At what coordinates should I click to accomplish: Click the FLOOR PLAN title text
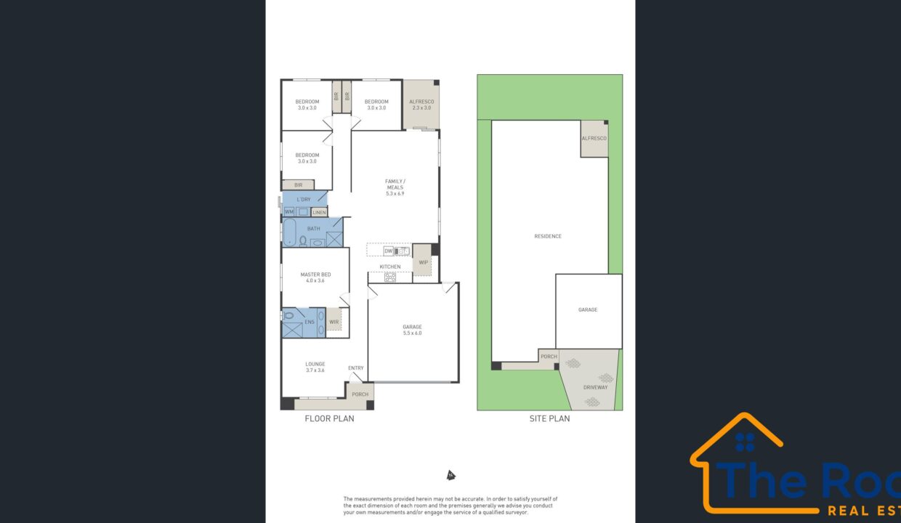[x=329, y=418]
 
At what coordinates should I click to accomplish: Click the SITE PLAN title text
[x=549, y=418]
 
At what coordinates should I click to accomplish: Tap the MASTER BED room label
[x=315, y=275]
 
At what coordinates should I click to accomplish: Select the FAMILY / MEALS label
[x=395, y=184]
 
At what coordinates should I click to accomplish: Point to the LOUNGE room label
[x=315, y=364]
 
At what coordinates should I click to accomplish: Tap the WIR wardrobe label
[x=334, y=322]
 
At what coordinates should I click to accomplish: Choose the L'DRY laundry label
[x=304, y=199]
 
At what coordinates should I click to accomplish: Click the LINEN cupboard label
[x=320, y=212]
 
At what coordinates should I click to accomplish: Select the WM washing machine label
[x=289, y=212]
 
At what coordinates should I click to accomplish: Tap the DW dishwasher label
[x=388, y=251]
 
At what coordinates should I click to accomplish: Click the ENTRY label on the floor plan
[x=355, y=368]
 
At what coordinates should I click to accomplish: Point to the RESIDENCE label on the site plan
[x=548, y=236]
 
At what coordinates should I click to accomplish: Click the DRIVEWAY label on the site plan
[x=595, y=387]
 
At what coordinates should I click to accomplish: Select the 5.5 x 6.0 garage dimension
[x=412, y=333]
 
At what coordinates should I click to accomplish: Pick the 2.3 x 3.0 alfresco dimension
[x=421, y=108]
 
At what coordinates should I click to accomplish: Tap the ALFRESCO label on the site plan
[x=594, y=138]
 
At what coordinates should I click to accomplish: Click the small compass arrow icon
[x=450, y=476]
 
